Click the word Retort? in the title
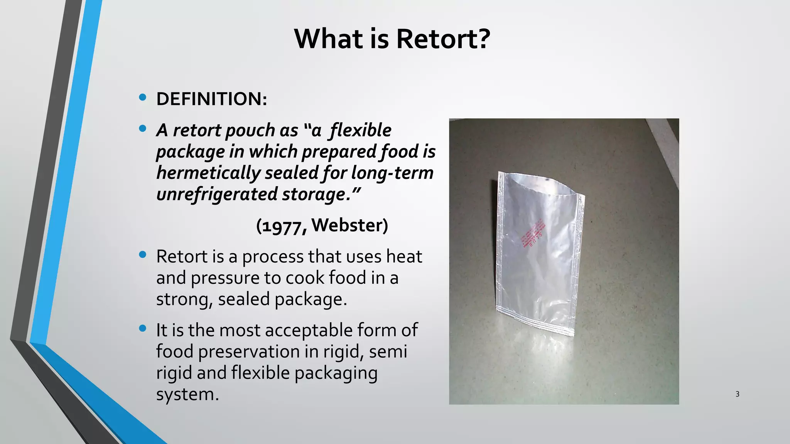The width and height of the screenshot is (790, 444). click(x=443, y=39)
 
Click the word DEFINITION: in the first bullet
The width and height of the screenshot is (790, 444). click(x=211, y=99)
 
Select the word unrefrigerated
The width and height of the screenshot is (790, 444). click(x=217, y=194)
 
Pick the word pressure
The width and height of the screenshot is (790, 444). click(x=225, y=278)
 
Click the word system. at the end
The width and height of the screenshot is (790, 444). click(x=187, y=394)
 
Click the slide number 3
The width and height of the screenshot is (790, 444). click(x=737, y=394)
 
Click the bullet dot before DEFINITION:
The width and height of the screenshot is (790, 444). click(x=143, y=98)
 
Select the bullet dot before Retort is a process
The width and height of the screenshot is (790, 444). click(x=143, y=254)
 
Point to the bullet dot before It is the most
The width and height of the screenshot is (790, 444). click(x=143, y=328)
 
